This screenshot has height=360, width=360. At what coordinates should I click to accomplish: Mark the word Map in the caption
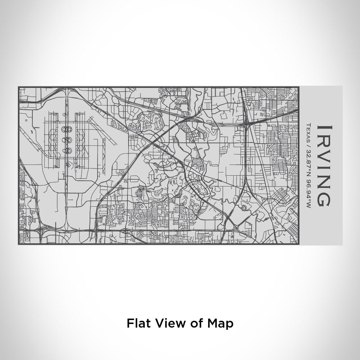pyautogui.click(x=220, y=323)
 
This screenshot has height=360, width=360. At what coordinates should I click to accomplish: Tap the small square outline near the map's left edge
pyautogui.click(x=26, y=120)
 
